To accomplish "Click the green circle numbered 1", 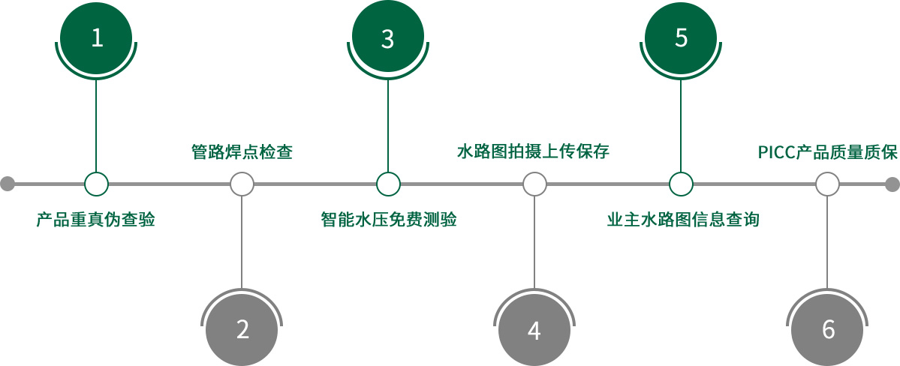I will pos(96,37).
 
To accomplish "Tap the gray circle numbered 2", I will pos(242,329).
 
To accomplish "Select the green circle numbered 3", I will pos(387,38).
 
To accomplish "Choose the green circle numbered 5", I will pos(681,37).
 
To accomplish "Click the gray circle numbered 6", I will pos(828,329).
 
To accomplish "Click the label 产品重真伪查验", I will pos(95,220).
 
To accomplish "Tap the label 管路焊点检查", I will pos(242,152).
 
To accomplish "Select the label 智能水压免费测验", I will pos(388,220).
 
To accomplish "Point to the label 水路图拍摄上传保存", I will pos(533,152).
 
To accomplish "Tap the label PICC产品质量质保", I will pos(826,153).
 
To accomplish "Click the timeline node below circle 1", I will pos(96,184).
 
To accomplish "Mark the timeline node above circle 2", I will pos(242,184).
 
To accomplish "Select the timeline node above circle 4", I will pos(534,184).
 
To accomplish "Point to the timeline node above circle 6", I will pos(827,184).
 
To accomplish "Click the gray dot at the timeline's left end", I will pos(8,184).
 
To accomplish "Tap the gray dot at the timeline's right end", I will pos(892,184).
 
